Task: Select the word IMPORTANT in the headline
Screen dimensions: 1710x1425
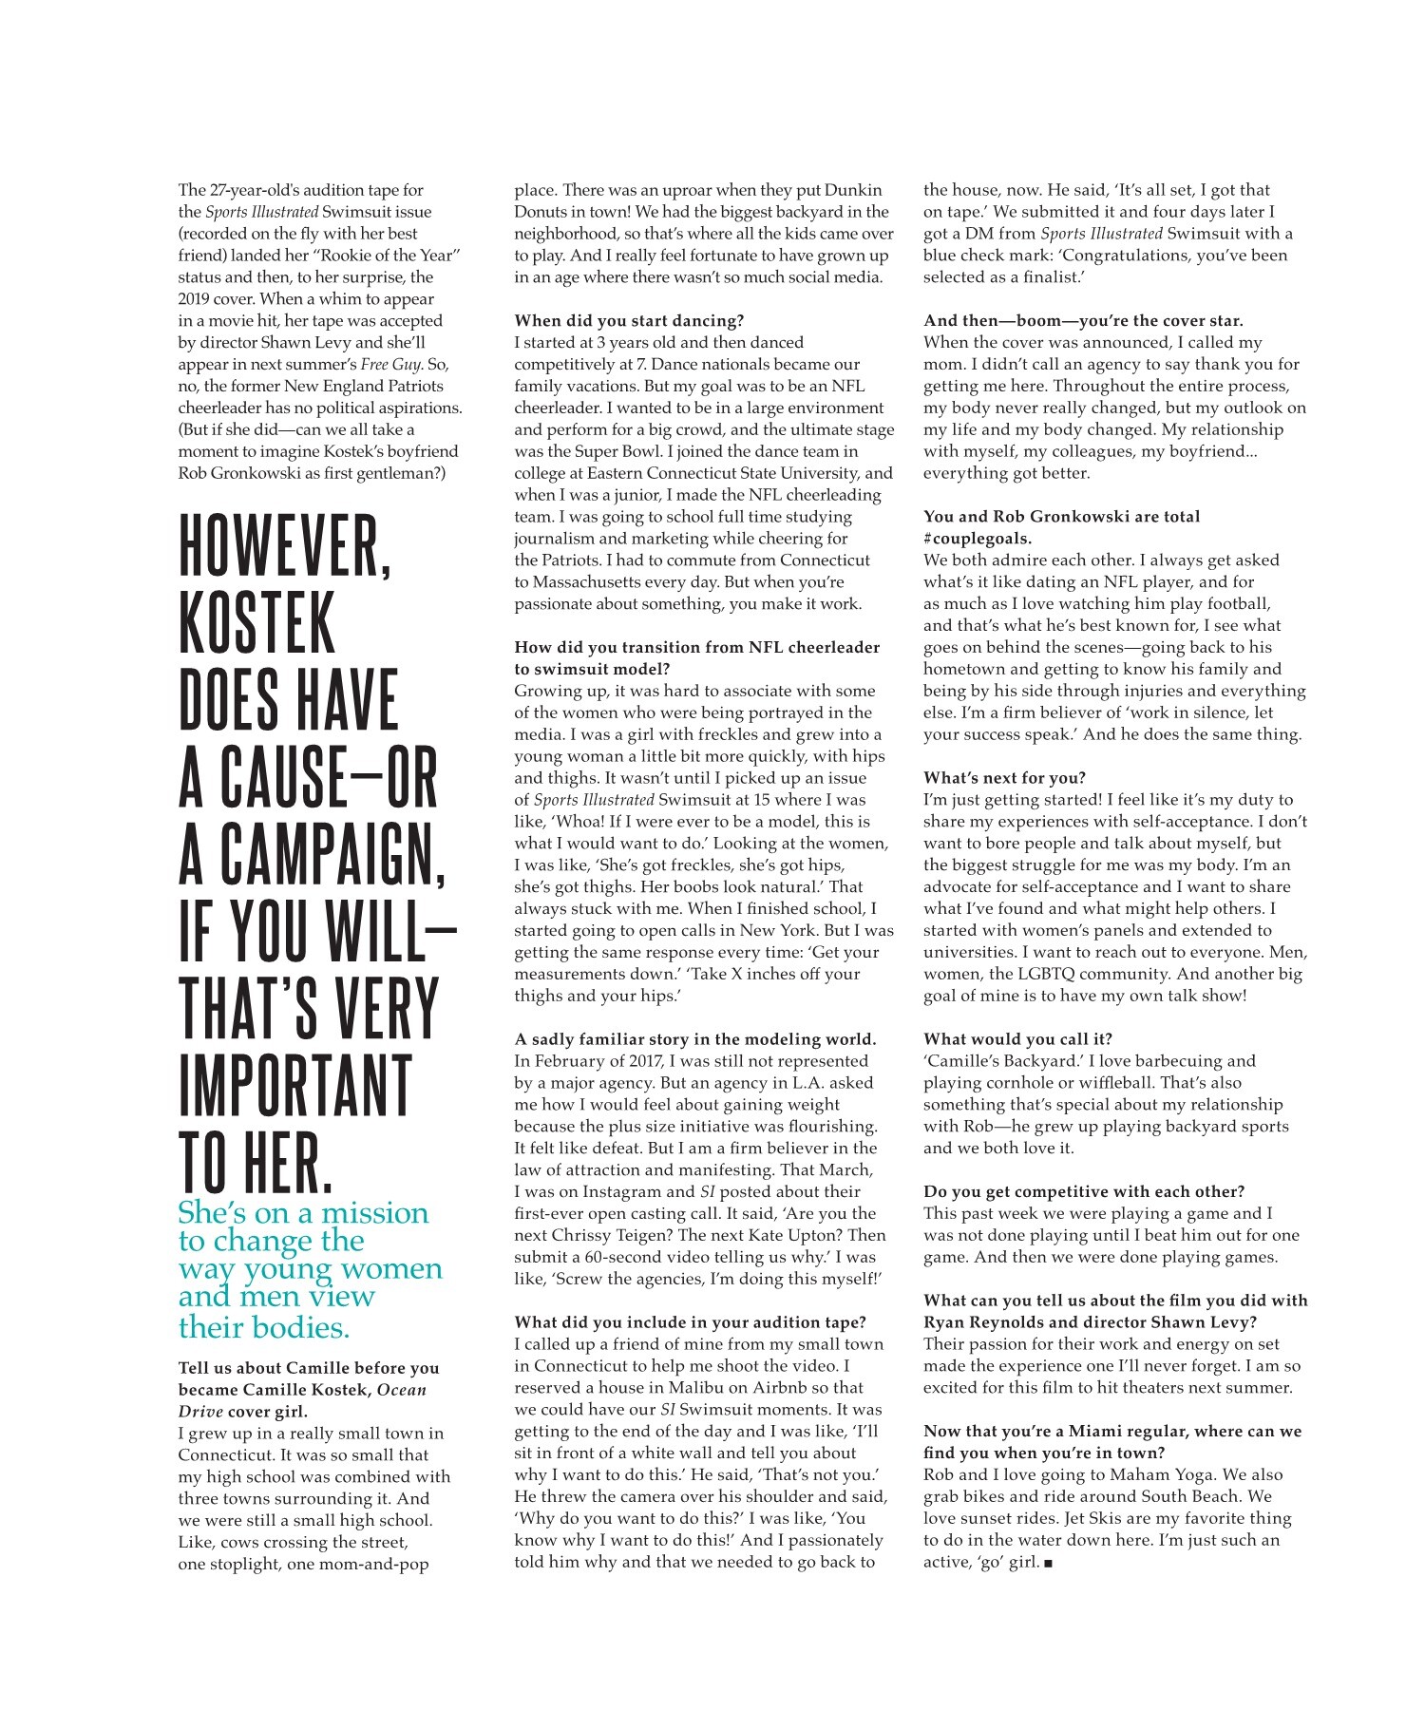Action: point(294,1085)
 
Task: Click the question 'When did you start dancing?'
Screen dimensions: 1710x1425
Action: point(629,320)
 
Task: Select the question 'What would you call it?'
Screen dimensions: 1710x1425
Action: point(1017,1038)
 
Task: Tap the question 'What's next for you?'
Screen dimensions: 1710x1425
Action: point(1004,777)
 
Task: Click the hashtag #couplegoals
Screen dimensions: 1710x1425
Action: point(978,538)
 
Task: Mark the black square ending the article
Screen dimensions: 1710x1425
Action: point(1048,1563)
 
